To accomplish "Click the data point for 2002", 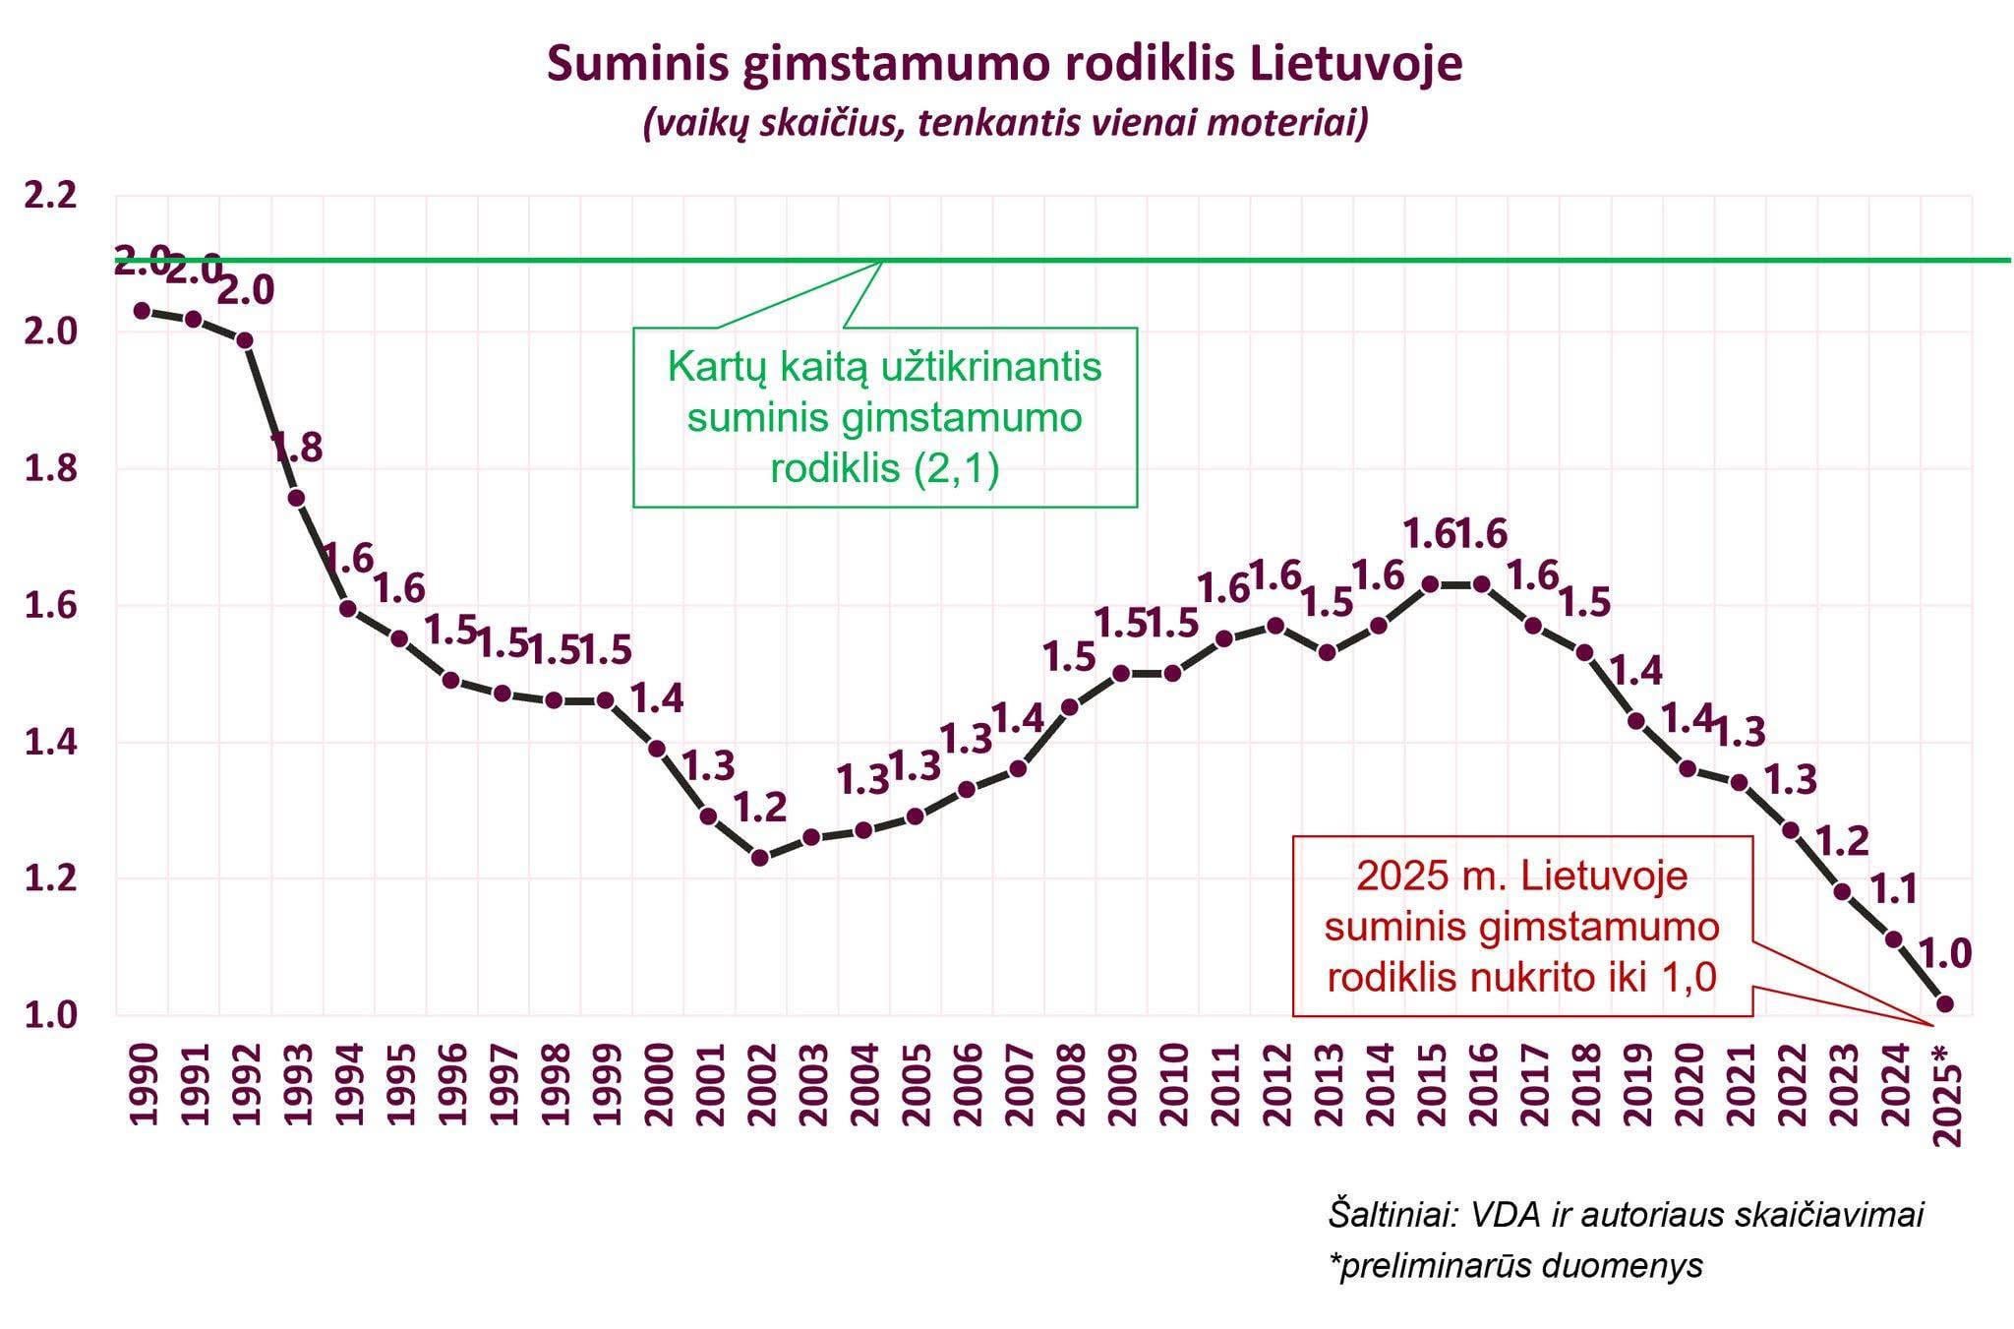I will [x=759, y=857].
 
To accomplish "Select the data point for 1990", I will [x=142, y=311].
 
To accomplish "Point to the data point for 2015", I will [x=1430, y=584].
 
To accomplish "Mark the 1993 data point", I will [x=296, y=498].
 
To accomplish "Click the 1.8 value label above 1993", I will [x=296, y=449].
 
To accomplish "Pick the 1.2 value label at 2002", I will [x=760, y=808].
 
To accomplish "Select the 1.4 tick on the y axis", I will [x=50, y=743].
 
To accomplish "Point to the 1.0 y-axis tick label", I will [x=50, y=1015].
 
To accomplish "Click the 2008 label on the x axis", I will [x=1069, y=1085].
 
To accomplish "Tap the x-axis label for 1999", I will [x=606, y=1085].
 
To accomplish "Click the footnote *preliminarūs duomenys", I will [x=1514, y=1265].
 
